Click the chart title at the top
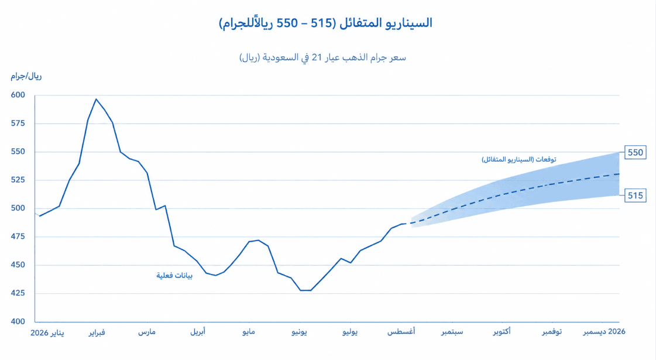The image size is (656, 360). click(325, 23)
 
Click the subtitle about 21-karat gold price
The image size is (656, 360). click(322, 57)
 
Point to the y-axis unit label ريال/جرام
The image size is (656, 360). click(26, 76)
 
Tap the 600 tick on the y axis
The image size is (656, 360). click(18, 95)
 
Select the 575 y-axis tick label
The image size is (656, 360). click(18, 124)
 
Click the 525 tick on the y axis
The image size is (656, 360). click(18, 180)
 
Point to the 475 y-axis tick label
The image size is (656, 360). click(18, 236)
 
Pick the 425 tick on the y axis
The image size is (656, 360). click(18, 293)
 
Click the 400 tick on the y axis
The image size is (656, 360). click(18, 321)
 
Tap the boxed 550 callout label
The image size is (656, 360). click(635, 152)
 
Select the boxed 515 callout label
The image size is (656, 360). click(635, 196)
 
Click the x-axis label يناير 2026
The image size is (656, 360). click(47, 332)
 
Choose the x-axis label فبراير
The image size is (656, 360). click(97, 332)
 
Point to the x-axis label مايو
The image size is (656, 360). click(249, 332)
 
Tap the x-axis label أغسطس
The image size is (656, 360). click(401, 332)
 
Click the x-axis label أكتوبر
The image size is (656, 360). click(502, 332)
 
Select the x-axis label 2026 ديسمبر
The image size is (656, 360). click(604, 332)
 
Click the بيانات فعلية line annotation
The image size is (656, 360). click(174, 276)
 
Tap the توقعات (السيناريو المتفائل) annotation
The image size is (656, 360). click(519, 159)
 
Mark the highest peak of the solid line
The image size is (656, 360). click(96, 99)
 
